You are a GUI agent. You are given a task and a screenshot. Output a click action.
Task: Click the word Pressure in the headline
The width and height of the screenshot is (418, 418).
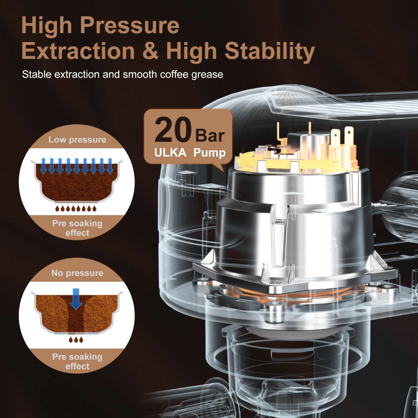point(130,25)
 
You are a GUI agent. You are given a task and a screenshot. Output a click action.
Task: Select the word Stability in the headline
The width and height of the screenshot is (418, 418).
point(269,51)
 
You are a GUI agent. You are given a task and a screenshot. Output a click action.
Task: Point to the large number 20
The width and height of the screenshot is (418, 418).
point(173,130)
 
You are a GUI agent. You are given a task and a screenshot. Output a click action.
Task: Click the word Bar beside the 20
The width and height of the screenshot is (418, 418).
point(210,136)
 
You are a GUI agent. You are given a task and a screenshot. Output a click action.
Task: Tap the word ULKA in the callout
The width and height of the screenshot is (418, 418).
point(170,153)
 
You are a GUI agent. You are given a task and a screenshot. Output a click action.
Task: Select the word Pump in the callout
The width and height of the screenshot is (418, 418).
point(209,153)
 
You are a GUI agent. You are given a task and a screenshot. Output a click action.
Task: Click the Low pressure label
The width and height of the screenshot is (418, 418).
point(77,140)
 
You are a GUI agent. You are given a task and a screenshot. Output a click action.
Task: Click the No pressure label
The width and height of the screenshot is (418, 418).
point(77,273)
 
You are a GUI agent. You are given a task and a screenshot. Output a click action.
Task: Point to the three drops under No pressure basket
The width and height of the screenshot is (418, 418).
point(76,339)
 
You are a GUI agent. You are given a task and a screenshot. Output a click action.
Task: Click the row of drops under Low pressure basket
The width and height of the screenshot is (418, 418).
point(76,208)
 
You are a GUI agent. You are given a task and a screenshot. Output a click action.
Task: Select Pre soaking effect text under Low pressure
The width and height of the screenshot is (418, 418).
point(77,228)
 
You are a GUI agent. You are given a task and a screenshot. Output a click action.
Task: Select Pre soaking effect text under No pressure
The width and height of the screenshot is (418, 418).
point(77,361)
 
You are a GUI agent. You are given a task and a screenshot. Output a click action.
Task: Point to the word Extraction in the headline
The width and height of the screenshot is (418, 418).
point(78,51)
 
